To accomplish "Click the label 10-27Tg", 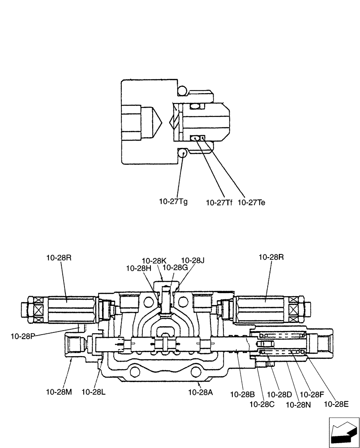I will pos(173,202).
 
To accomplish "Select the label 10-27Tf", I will pos(219,202).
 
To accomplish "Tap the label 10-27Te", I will pos(251,202).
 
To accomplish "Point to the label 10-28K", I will pos(154,260).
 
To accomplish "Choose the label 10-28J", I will pos(193,260).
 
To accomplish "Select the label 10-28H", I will pos(138,268).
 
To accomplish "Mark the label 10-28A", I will pos(200,392).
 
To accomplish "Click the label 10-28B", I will pos(243,394).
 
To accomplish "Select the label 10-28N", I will pos(297,404).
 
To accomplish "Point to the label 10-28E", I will pos(335,404).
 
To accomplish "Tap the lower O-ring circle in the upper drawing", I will pos(182,153).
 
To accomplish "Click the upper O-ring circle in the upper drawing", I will pos(182,91).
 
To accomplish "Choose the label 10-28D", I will pos(280,394).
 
